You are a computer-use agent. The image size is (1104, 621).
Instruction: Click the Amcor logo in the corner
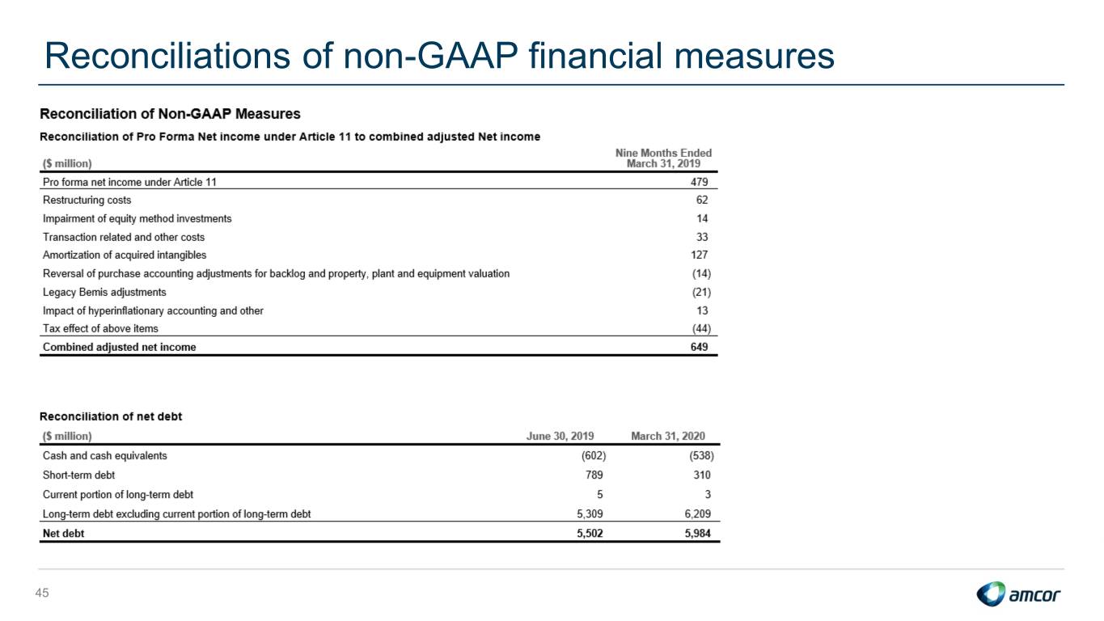[1017, 594]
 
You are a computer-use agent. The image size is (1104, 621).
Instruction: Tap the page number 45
[42, 593]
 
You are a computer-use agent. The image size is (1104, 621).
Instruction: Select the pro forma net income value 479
[699, 182]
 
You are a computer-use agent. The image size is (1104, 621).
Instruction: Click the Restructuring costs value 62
[702, 200]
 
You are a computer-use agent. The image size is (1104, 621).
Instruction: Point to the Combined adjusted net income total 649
[699, 347]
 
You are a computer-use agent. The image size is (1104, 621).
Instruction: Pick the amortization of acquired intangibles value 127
[699, 255]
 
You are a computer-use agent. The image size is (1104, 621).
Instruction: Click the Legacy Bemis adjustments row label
[104, 292]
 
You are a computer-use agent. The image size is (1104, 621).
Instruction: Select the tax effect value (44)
[701, 328]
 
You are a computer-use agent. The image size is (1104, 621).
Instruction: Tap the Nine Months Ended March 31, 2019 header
[663, 158]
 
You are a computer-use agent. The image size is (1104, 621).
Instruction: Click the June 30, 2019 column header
[560, 436]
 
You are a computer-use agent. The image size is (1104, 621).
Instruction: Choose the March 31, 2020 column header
[668, 436]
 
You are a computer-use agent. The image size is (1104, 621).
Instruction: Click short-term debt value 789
[594, 475]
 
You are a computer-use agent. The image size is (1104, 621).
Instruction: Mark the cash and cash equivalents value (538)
[701, 455]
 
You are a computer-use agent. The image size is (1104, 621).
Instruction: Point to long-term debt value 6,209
[697, 513]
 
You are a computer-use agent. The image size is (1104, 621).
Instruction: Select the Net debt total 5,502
[590, 534]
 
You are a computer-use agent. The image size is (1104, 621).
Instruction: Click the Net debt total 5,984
[697, 534]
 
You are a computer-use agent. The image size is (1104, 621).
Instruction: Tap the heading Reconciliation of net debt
[111, 416]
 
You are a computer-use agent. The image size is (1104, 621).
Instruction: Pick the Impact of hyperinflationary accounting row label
[153, 310]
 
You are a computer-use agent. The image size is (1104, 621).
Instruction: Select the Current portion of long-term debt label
[118, 494]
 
